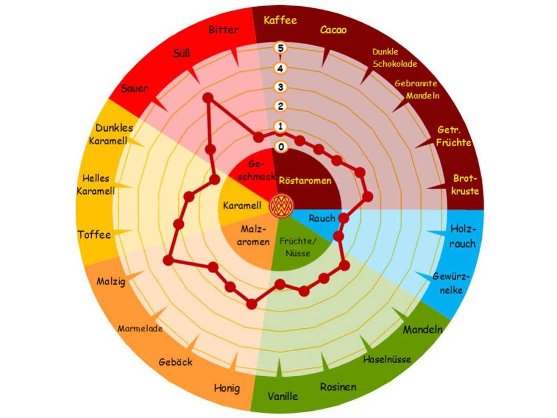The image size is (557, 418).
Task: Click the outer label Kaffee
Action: (x=280, y=21)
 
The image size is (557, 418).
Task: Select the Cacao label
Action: (x=333, y=30)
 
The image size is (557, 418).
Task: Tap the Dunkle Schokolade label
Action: (x=394, y=57)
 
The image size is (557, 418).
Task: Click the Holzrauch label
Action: (x=463, y=236)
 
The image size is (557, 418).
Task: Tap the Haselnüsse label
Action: (x=387, y=359)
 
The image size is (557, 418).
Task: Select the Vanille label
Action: (x=282, y=396)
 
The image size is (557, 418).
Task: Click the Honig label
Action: (x=227, y=387)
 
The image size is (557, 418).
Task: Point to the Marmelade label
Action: (x=140, y=328)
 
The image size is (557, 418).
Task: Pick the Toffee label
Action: (x=94, y=235)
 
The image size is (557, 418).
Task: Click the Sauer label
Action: (x=134, y=89)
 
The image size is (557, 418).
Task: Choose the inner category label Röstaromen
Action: (x=305, y=181)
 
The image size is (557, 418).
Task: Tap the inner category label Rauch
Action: (x=321, y=218)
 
